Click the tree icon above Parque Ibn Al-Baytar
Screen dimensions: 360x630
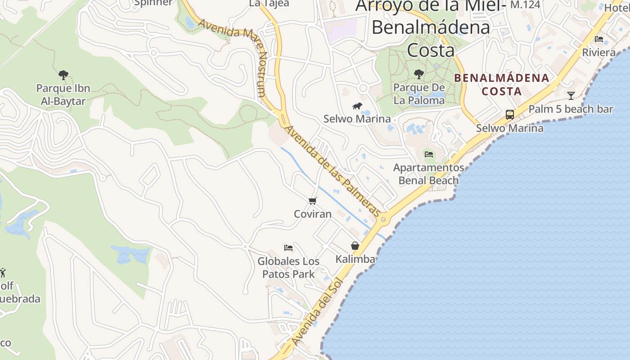tap(63, 75)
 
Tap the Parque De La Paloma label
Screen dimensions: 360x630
tap(419, 94)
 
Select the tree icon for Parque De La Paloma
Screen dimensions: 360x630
tap(419, 74)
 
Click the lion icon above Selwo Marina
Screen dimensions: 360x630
tap(357, 106)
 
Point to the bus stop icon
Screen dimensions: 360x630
tap(509, 115)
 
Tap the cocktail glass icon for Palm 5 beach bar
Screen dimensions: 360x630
tap(571, 95)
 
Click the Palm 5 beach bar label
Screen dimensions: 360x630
tap(571, 109)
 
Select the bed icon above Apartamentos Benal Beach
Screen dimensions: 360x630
tap(429, 154)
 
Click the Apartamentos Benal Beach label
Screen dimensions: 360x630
tap(428, 174)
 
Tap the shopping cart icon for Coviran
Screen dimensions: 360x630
tap(313, 201)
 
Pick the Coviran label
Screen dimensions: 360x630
tap(313, 214)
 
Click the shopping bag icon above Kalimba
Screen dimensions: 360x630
tap(355, 246)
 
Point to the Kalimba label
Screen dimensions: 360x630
tap(355, 259)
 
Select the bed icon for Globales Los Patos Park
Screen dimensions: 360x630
tap(288, 247)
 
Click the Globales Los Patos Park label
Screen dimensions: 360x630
tap(288, 267)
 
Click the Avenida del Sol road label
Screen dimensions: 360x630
tap(317, 312)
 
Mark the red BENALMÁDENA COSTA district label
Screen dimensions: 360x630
tap(502, 85)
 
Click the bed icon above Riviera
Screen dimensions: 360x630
tap(599, 39)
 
